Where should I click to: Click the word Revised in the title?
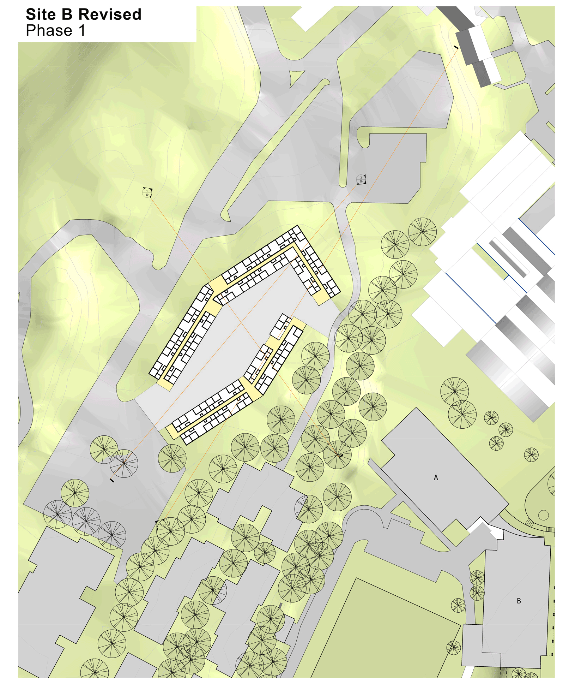point(110,15)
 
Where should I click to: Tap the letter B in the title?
point(67,15)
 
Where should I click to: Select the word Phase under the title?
point(49,31)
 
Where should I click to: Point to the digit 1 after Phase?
point(82,31)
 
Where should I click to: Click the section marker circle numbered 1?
point(147,192)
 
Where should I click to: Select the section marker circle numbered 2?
point(361,179)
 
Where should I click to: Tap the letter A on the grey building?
point(436,477)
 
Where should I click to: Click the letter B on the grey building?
point(519,601)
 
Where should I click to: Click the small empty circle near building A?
point(544,515)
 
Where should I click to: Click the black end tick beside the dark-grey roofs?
point(456,47)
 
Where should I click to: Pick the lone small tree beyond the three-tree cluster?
point(531,455)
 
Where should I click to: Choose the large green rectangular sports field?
point(388,632)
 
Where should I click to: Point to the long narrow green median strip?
point(275,148)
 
